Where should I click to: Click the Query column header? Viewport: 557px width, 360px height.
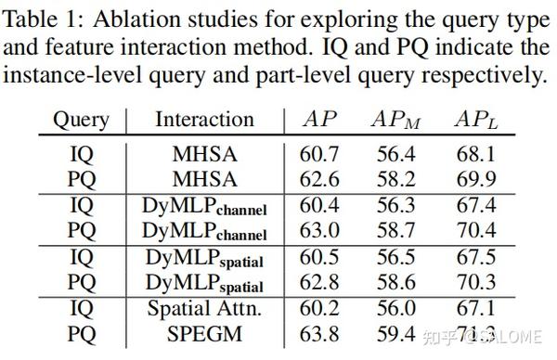pos(80,120)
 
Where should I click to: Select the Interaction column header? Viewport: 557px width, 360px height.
pos(204,120)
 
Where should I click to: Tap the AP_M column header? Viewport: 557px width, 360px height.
pos(396,120)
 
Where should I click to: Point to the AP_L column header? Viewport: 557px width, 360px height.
pos(476,120)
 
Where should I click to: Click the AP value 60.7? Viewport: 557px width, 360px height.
pos(321,154)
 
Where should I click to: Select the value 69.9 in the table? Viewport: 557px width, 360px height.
pos(475,178)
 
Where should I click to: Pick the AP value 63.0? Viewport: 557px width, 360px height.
pos(321,229)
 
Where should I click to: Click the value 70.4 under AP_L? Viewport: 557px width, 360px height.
pos(475,229)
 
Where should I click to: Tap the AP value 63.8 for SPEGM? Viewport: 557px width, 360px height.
pos(321,331)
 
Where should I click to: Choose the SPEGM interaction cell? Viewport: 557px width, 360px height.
pos(205,331)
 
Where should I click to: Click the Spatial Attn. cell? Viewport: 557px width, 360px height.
pos(205,307)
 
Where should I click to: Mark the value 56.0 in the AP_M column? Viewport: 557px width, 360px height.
pos(396,307)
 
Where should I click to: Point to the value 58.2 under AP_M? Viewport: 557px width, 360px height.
pos(396,178)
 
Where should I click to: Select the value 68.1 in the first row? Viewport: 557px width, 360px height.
pos(475,154)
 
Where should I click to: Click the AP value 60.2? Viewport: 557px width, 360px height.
pos(321,307)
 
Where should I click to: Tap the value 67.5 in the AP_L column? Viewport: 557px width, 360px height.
pos(475,256)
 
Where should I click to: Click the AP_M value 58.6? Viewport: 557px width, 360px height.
pos(396,280)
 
